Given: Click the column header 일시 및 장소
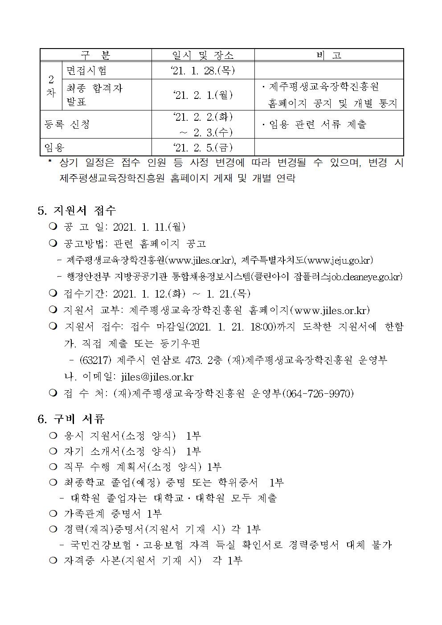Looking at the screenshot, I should pyautogui.click(x=203, y=55).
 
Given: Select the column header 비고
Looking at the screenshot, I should pyautogui.click(x=329, y=55).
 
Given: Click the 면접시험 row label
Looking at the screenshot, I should pyautogui.click(x=86, y=70).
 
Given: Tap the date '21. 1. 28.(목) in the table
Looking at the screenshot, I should pyautogui.click(x=203, y=70).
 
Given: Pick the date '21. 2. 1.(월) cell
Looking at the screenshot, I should pyautogui.click(x=203, y=95).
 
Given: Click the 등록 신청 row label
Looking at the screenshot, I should pyautogui.click(x=67, y=124).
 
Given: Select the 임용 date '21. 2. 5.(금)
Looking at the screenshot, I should pyautogui.click(x=203, y=147).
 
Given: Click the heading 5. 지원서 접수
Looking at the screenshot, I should pyautogui.click(x=77, y=210).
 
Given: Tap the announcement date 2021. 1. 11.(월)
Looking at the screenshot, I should pyautogui.click(x=149, y=227).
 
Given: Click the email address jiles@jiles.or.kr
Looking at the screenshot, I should pyautogui.click(x=157, y=376).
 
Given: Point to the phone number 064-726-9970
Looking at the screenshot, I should pyautogui.click(x=318, y=393).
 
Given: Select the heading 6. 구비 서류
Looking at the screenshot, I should pyautogui.click(x=71, y=419).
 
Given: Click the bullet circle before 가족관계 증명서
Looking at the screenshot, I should pyautogui.click(x=53, y=514).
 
